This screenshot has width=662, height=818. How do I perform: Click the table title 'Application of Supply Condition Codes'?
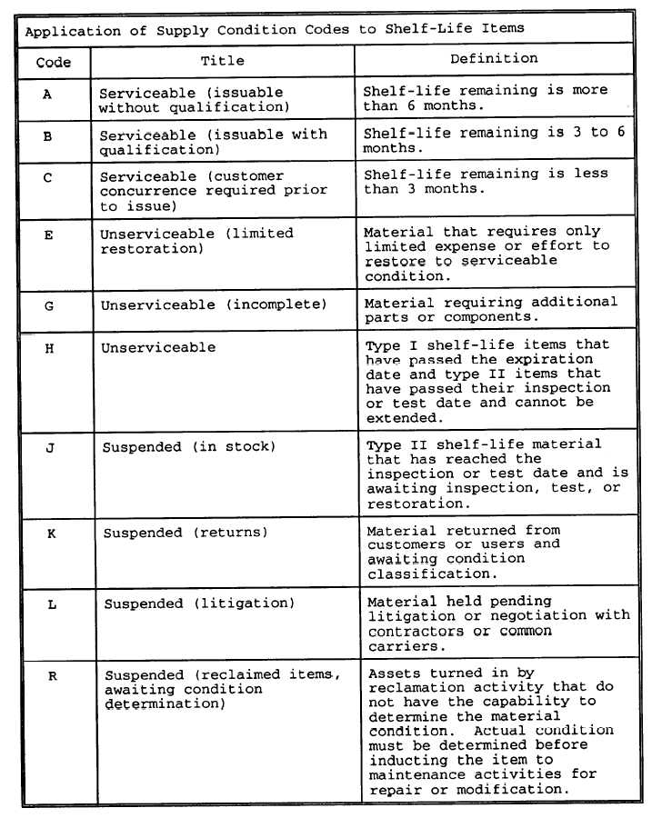point(275,29)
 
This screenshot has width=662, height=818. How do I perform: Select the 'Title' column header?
point(222,61)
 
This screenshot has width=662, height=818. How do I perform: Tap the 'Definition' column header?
point(494,59)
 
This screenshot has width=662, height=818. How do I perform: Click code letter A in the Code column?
point(47,94)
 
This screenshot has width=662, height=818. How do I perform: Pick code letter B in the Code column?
point(47,136)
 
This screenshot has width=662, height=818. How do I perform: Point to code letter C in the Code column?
point(47,178)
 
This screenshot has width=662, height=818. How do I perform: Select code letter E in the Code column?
point(48,235)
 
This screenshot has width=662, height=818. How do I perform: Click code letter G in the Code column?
point(49,306)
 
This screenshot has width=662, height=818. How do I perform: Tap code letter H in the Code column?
point(49,348)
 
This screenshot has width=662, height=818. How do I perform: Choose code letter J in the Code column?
point(50,448)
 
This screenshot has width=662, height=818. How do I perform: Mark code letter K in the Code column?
point(51,534)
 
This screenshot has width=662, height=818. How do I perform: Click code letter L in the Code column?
point(52,604)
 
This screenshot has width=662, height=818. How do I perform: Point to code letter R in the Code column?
point(53,676)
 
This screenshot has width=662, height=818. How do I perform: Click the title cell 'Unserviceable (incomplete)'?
point(214,305)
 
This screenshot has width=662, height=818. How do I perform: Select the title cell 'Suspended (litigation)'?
point(199,604)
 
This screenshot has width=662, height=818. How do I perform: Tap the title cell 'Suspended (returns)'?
point(186,533)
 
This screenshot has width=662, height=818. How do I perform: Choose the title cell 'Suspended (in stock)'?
point(189,447)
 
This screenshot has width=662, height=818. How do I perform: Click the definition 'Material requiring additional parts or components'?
point(491,309)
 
